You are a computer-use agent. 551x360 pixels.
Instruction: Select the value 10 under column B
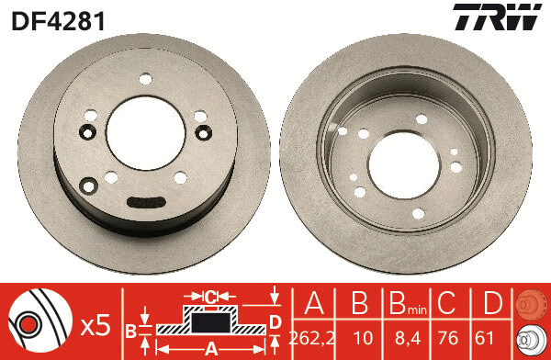[360, 335]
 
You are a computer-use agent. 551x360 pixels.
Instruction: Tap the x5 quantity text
[96, 323]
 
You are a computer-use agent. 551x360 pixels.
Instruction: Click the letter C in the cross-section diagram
[210, 297]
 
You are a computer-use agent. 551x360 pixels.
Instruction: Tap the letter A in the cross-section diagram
[210, 348]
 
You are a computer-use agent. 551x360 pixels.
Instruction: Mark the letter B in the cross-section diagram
[130, 330]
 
